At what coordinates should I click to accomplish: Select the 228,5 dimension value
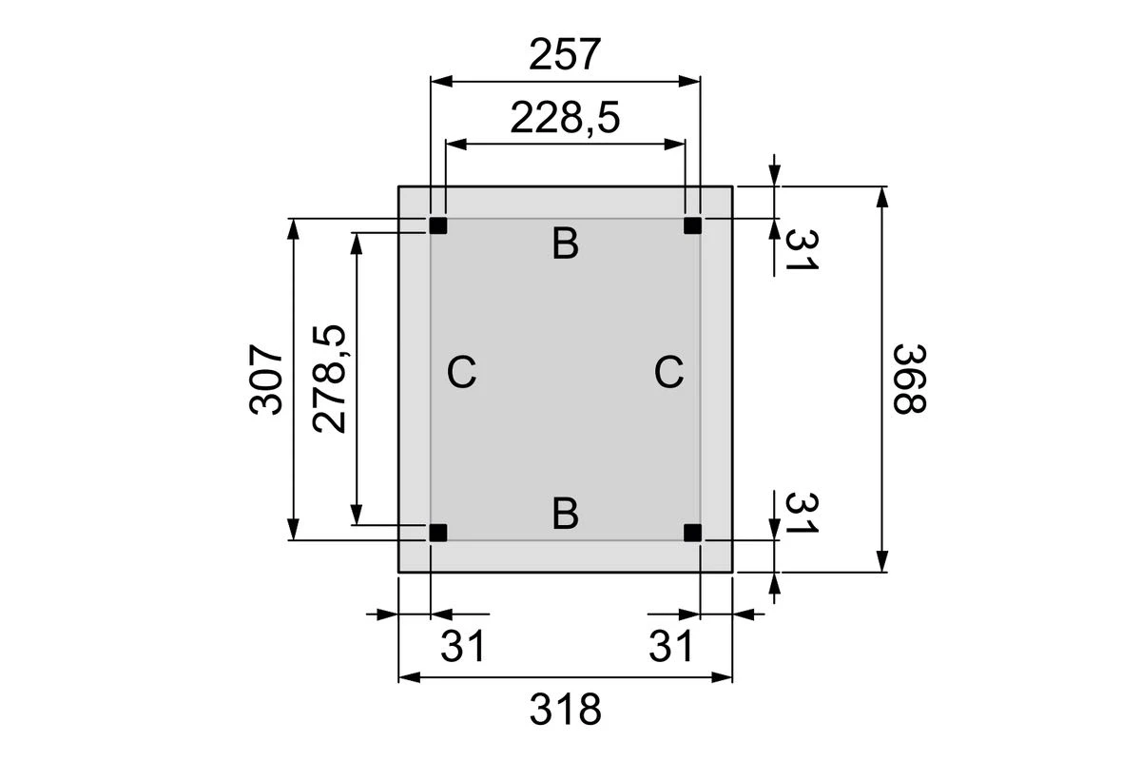(565, 119)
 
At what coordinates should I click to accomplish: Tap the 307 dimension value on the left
(267, 379)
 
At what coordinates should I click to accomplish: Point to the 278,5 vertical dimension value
(330, 379)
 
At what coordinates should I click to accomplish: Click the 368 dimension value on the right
(909, 379)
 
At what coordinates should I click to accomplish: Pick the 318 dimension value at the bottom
(565, 710)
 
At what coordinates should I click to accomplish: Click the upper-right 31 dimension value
(801, 248)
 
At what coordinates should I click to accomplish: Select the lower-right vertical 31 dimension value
(801, 513)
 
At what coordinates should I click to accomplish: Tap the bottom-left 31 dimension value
(463, 647)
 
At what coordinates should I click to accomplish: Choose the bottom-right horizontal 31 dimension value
(671, 647)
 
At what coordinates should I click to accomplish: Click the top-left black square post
(437, 225)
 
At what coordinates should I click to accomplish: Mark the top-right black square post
(693, 225)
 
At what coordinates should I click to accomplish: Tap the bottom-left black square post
(437, 533)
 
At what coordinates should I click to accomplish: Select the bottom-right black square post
(693, 533)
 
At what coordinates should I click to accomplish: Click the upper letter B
(565, 244)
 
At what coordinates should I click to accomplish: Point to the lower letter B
(565, 514)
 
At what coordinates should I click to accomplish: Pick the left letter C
(461, 372)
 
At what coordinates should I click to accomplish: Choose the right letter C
(668, 372)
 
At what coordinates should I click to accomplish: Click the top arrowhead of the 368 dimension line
(883, 196)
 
